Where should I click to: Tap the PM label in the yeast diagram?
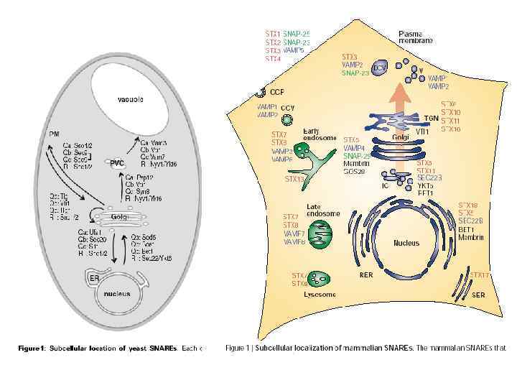click(x=54, y=134)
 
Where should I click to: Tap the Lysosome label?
click(x=317, y=294)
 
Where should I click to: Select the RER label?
click(x=365, y=274)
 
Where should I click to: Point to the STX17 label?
click(x=480, y=274)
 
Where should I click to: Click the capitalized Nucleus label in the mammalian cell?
click(x=406, y=243)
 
